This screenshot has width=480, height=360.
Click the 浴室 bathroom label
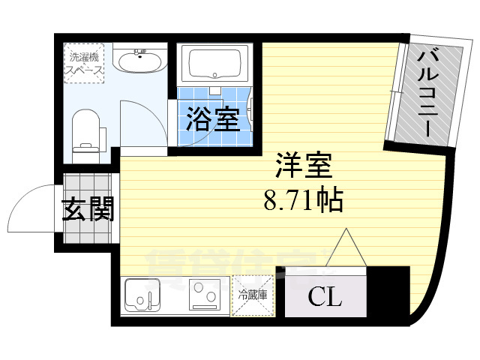[x=214, y=118]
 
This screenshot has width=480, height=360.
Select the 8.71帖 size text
[x=302, y=200]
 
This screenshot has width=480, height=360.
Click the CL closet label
[x=325, y=297]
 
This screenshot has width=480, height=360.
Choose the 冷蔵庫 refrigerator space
[x=253, y=295]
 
